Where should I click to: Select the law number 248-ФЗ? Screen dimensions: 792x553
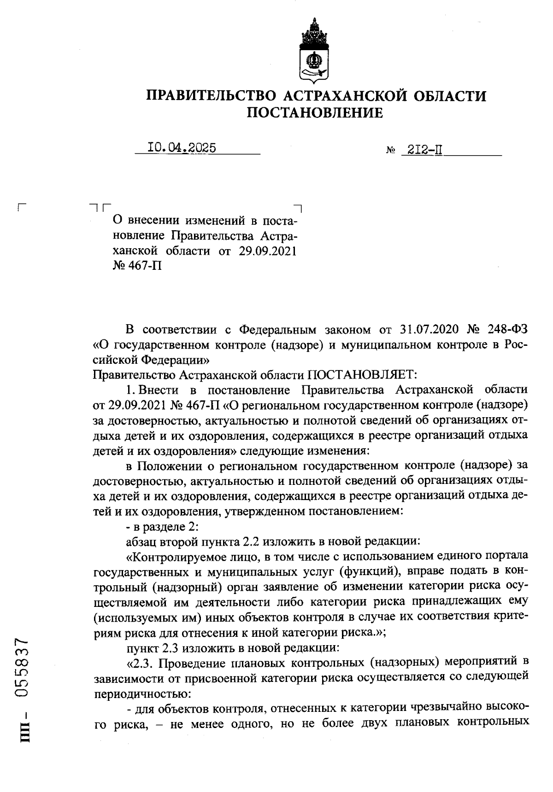503,329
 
